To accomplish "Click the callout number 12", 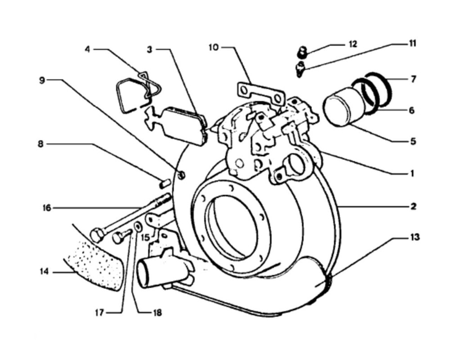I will (x=352, y=44).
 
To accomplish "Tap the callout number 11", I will (x=412, y=44).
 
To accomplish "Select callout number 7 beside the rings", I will (x=413, y=79).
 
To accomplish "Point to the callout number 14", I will (x=44, y=272).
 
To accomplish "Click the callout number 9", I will (x=42, y=80).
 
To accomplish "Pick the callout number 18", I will (x=157, y=312).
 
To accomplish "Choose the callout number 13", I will (x=414, y=237).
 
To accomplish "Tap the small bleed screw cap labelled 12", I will (x=302, y=52).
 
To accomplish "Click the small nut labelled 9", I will (x=182, y=175).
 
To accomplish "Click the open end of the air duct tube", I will (x=145, y=274).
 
